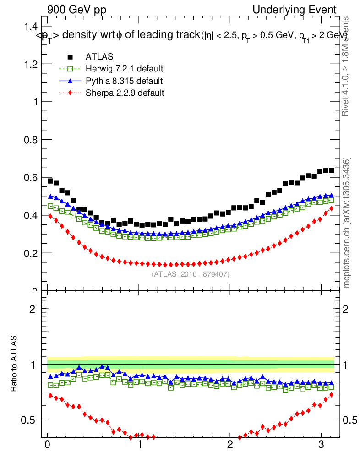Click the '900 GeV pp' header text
pos(76,10)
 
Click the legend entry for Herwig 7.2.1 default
pos(124,69)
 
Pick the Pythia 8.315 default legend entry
pos(124,81)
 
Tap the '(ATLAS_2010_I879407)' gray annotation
pos(191,274)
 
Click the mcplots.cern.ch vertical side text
pos(347,223)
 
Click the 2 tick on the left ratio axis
pos(33,309)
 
